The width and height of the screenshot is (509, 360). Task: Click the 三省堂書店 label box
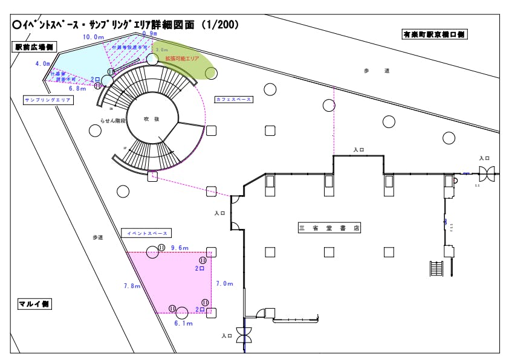329,228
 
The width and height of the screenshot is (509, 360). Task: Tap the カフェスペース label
233,99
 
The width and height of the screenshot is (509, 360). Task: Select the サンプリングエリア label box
48,100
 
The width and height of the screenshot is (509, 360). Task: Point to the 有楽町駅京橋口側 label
435,34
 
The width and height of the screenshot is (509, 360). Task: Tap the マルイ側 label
34,304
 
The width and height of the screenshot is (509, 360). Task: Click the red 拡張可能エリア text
182,59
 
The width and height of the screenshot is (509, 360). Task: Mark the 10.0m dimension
94,37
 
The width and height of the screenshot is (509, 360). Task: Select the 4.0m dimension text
43,63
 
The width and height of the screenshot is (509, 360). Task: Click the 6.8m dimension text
77,88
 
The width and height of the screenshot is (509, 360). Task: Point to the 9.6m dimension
180,248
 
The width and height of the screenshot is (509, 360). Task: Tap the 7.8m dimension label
132,286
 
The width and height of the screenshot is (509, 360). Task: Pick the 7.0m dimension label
224,283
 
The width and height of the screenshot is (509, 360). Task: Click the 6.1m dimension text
183,323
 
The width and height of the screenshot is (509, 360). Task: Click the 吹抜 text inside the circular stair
151,120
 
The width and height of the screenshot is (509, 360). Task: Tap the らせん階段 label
114,121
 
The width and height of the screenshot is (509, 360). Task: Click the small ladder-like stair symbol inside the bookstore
436,268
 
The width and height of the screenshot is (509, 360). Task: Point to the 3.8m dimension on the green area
161,50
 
